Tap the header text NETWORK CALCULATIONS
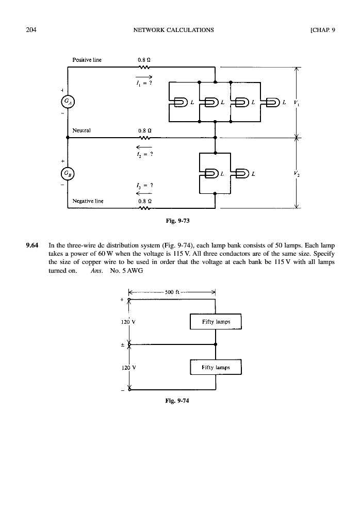coord(173,30)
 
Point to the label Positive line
coord(88,60)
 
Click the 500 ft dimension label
coord(173,292)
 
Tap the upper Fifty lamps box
coord(216,322)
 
